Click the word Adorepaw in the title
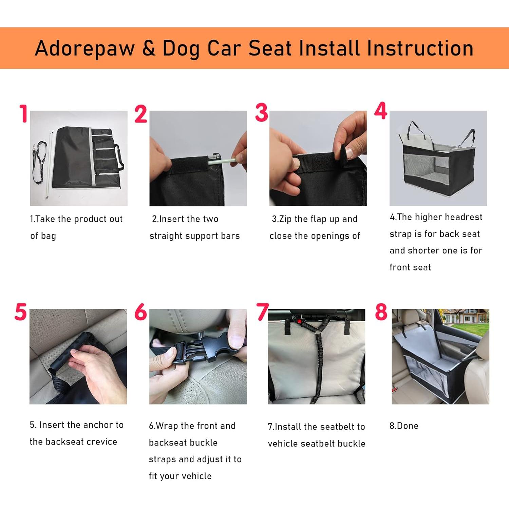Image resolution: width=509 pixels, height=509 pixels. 85,49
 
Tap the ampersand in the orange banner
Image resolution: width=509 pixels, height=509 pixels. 149,48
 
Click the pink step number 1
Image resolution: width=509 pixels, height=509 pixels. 23,113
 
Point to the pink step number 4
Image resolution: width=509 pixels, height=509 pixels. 381,111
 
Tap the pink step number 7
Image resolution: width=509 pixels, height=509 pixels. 262,312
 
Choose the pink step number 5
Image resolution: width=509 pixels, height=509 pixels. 21,312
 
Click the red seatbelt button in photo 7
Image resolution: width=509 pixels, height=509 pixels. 299,321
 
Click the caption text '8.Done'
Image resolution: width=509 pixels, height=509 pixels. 404,426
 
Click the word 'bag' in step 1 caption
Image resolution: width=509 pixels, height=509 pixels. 48,236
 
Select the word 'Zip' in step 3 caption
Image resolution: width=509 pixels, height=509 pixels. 285,219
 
